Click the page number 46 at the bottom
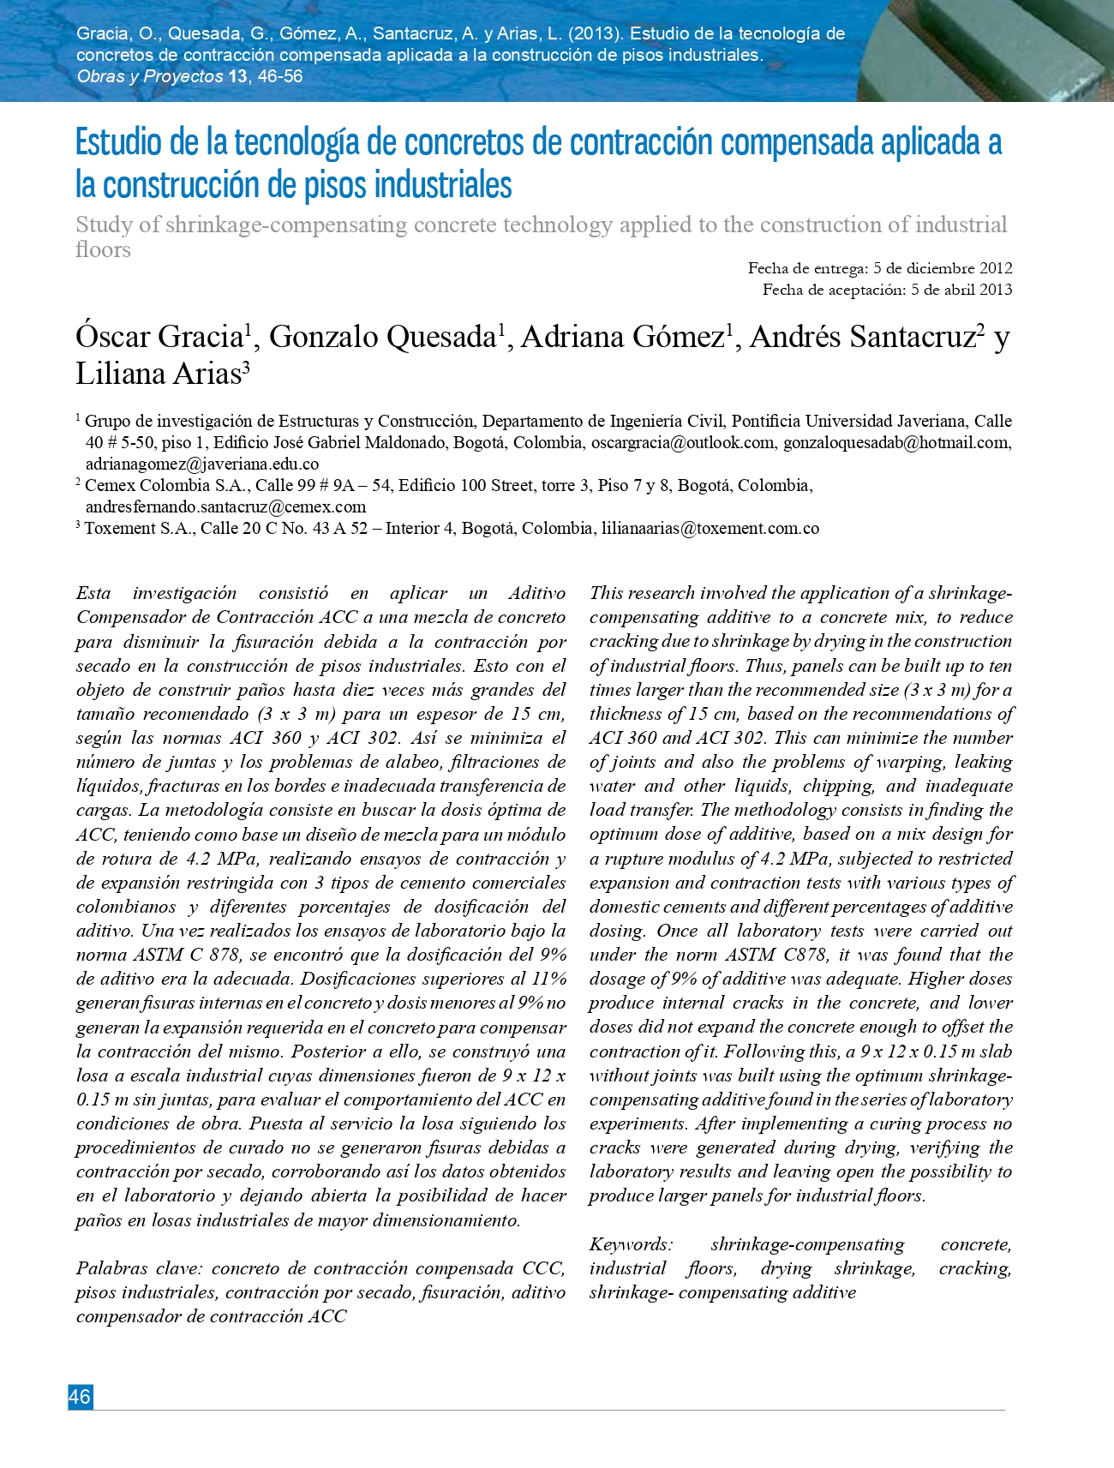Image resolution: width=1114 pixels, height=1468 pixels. tap(80, 1396)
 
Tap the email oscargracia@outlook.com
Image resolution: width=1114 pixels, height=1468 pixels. tap(682, 443)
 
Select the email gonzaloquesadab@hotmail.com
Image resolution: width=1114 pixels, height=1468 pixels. tap(895, 443)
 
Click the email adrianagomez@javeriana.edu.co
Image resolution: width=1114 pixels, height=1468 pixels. tap(202, 464)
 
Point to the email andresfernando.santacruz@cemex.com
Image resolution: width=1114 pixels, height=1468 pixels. tap(225, 507)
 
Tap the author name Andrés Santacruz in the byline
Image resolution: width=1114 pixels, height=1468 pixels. tap(862, 338)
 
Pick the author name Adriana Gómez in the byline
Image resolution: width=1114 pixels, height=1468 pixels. tap(622, 338)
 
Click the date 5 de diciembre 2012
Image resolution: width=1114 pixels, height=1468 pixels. tap(943, 268)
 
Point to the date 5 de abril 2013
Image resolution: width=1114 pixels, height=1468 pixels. tap(961, 290)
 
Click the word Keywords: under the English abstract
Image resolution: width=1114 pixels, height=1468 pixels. tap(632, 1244)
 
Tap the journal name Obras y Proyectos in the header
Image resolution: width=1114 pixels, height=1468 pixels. tap(150, 76)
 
